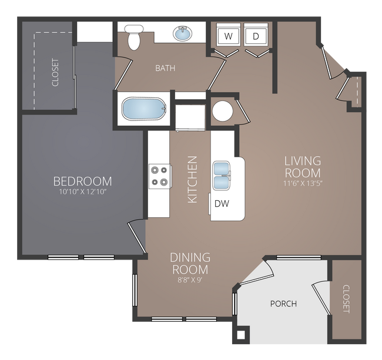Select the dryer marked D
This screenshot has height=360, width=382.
[256, 36]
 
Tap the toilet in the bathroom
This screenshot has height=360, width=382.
[133, 38]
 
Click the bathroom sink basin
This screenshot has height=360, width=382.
[185, 33]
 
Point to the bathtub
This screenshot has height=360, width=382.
[143, 109]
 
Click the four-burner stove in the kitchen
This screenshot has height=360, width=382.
[159, 175]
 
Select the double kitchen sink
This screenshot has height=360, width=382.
[222, 176]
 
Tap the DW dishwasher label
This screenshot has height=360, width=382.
[222, 204]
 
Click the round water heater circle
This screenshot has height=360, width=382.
[223, 110]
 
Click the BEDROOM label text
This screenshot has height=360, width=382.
[82, 180]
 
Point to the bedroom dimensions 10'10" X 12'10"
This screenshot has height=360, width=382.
[82, 191]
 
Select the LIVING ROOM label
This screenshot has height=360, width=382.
[303, 167]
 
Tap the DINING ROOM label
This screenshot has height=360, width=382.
[190, 263]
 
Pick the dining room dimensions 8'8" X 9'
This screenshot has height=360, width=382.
[190, 279]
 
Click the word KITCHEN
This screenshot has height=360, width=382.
[192, 180]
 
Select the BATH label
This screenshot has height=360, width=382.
[165, 68]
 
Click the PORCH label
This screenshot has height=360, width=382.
[283, 304]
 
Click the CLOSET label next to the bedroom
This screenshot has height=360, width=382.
[56, 72]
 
